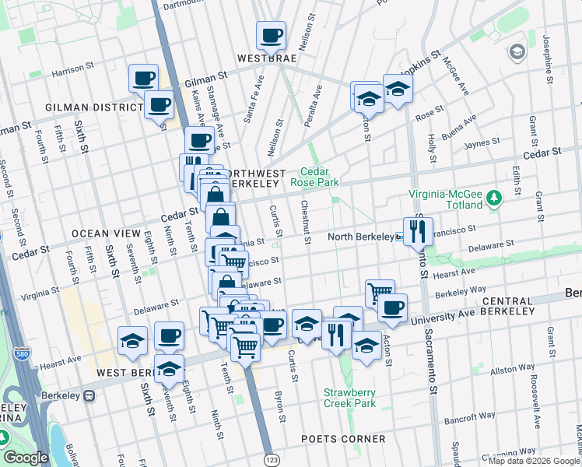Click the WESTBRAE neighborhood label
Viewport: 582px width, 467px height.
click(268, 58)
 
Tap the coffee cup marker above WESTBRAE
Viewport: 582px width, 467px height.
click(272, 35)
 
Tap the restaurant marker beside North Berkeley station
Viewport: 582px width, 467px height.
click(418, 230)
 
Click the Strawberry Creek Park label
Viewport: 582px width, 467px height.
click(350, 398)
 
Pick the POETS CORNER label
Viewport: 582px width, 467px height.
click(343, 439)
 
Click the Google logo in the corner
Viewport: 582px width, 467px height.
click(26, 458)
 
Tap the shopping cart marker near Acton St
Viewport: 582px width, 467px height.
click(380, 293)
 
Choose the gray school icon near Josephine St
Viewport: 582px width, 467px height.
click(516, 52)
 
